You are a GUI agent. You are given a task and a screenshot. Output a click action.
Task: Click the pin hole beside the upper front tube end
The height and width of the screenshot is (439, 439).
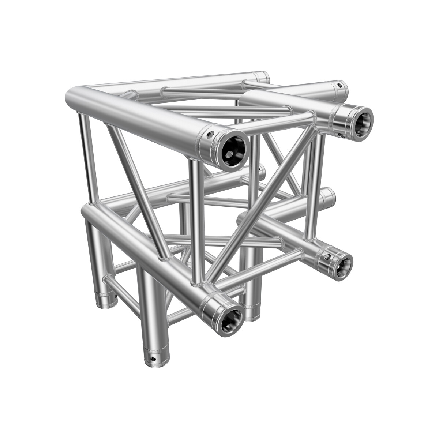(210, 135)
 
